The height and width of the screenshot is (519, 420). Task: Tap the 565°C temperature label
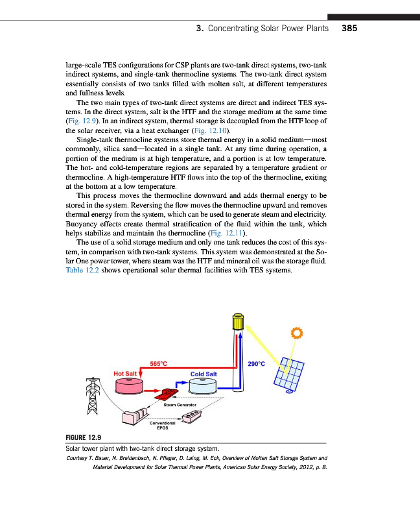coord(159,365)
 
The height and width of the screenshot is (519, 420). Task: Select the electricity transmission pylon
coord(91,394)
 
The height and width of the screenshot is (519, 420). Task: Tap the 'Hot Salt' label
coord(125,374)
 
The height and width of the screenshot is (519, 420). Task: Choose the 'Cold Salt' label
coord(204,374)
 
